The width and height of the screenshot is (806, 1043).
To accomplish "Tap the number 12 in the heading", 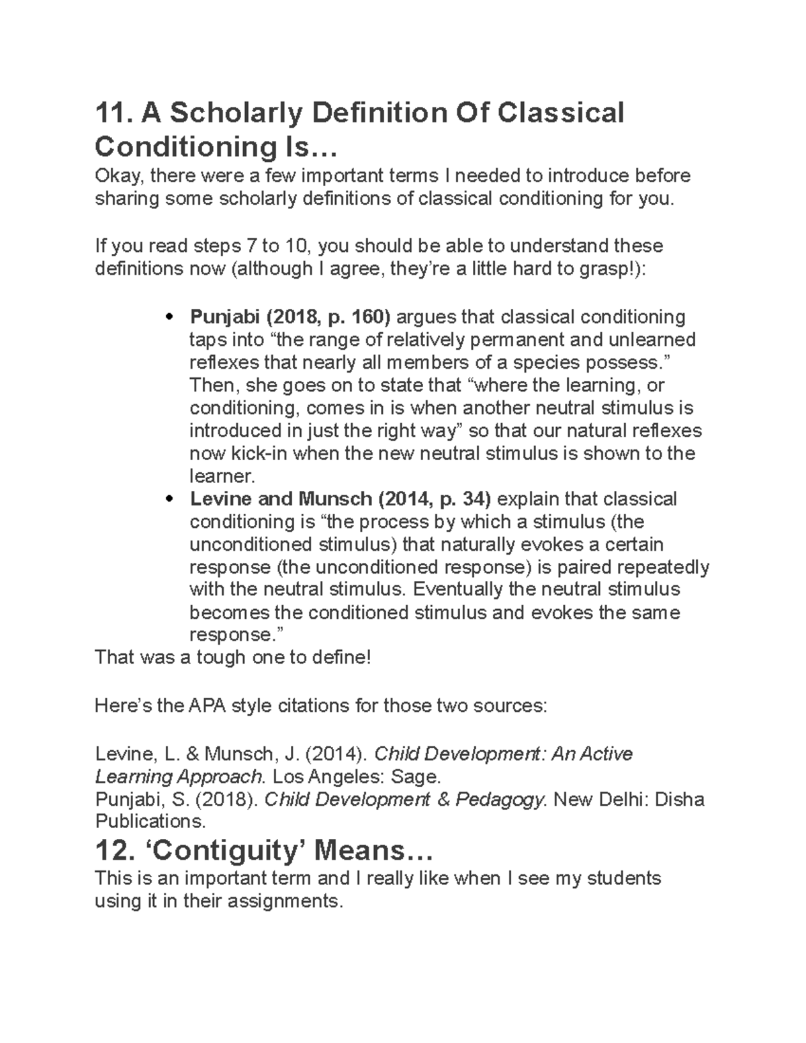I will point(111,851).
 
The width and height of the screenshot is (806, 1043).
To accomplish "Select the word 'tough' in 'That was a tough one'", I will point(222,657).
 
